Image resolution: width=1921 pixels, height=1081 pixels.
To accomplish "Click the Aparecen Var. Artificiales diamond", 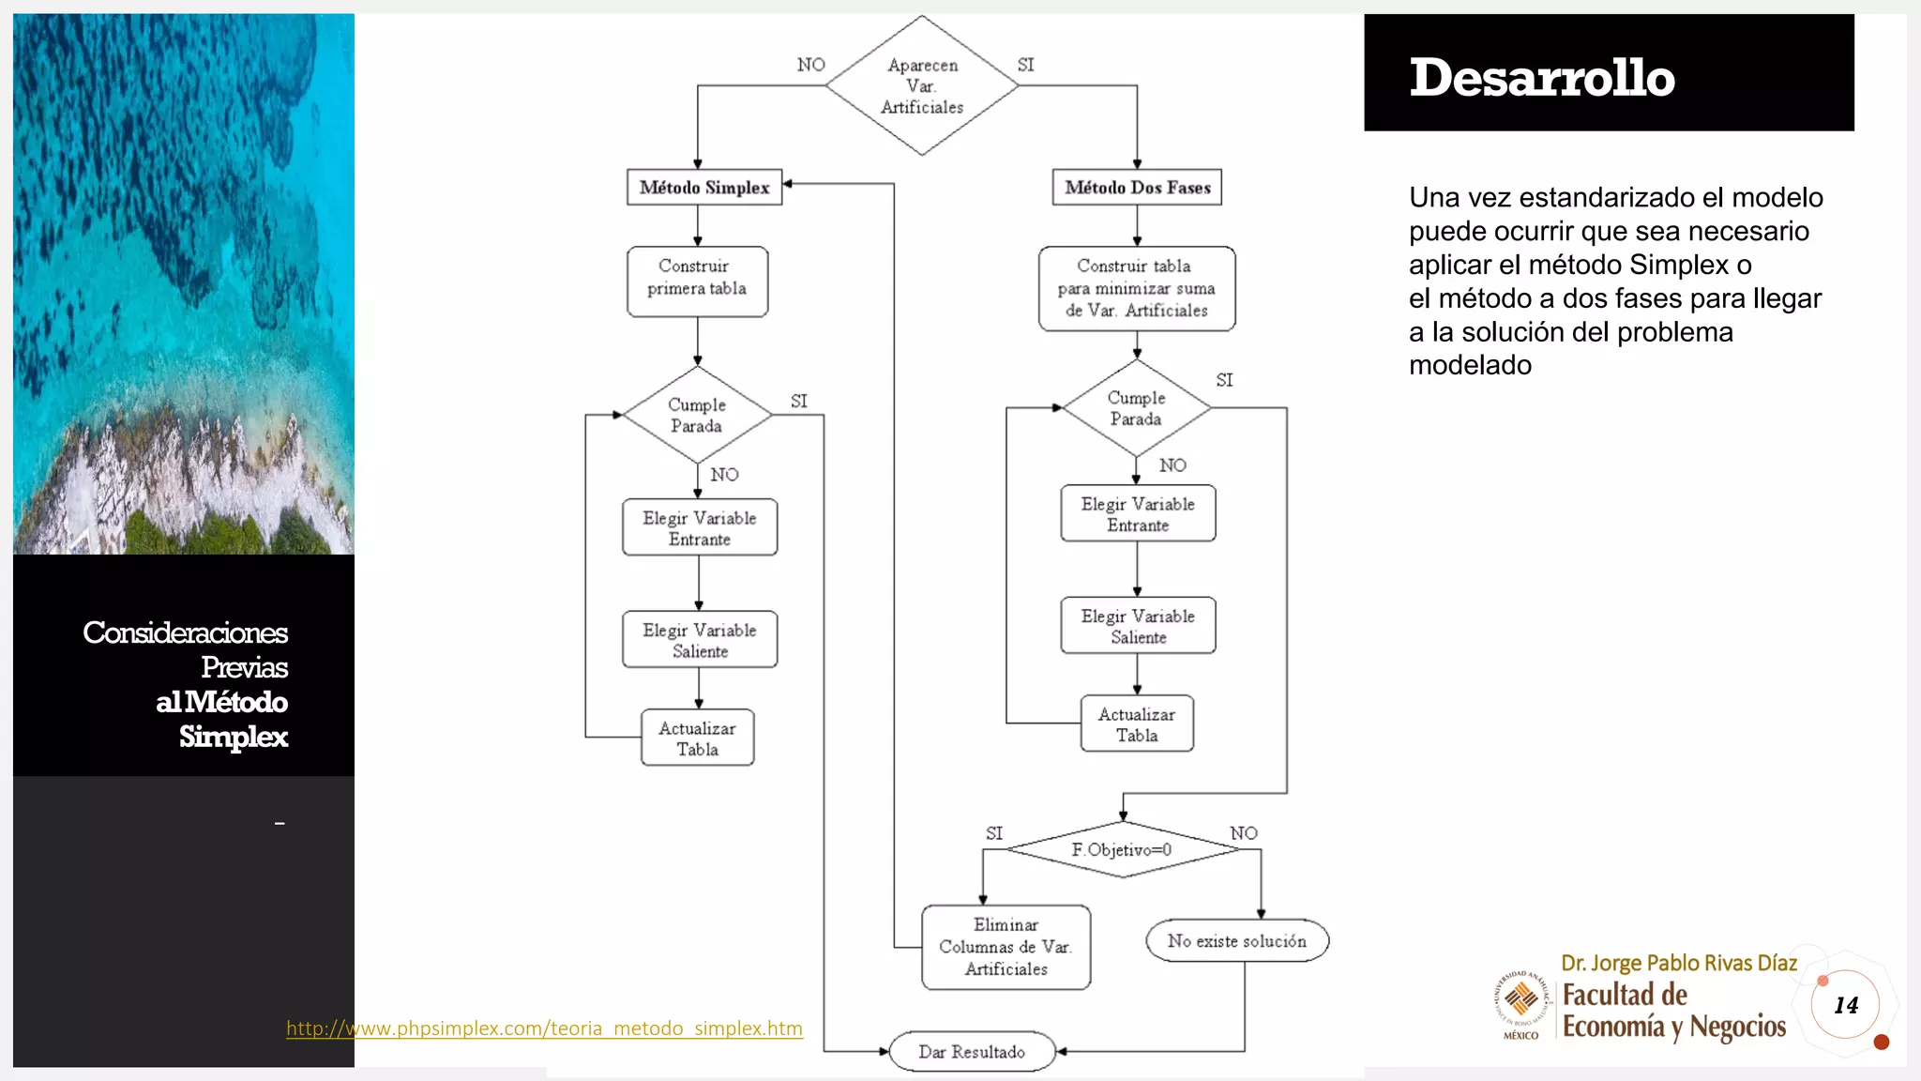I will pyautogui.click(x=922, y=85).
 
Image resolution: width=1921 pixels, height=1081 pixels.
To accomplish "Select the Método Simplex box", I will pyautogui.click(x=704, y=187).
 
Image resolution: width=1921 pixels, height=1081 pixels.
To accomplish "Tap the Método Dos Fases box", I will pyautogui.click(x=1137, y=187).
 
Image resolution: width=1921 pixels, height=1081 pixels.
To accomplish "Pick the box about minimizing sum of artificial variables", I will pyautogui.click(x=1136, y=288).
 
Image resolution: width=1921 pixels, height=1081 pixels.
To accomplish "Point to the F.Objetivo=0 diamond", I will pyautogui.click(x=1122, y=849).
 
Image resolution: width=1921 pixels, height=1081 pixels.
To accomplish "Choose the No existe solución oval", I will pyautogui.click(x=1236, y=940).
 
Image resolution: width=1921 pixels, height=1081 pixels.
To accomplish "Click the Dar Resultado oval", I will pyautogui.click(x=972, y=1052).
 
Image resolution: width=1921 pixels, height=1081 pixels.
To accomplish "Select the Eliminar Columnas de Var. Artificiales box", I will pyautogui.click(x=1006, y=947).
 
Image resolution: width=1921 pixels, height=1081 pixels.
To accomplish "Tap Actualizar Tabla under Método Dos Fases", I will pyautogui.click(x=1137, y=723).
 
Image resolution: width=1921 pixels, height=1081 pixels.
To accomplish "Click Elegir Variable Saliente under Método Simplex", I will pyautogui.click(x=700, y=640).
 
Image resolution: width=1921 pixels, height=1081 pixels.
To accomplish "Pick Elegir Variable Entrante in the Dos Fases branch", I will pyautogui.click(x=1138, y=513).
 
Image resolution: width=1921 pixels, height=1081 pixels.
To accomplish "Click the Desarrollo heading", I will pyautogui.click(x=1542, y=77).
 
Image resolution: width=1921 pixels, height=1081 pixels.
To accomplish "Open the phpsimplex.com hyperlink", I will pyautogui.click(x=544, y=1028).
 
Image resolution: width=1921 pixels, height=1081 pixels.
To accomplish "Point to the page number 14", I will pyautogui.click(x=1845, y=1005).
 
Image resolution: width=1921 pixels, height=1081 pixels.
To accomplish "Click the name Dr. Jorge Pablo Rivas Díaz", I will pyautogui.click(x=1678, y=963).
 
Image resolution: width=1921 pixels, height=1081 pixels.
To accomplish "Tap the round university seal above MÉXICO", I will pyautogui.click(x=1520, y=998).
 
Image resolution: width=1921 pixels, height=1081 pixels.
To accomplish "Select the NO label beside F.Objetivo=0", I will pyautogui.click(x=1244, y=833).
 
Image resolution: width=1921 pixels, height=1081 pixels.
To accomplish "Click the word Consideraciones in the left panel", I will pyautogui.click(x=185, y=632).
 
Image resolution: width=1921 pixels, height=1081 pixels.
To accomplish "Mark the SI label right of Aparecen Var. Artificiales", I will pyautogui.click(x=1025, y=65).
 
